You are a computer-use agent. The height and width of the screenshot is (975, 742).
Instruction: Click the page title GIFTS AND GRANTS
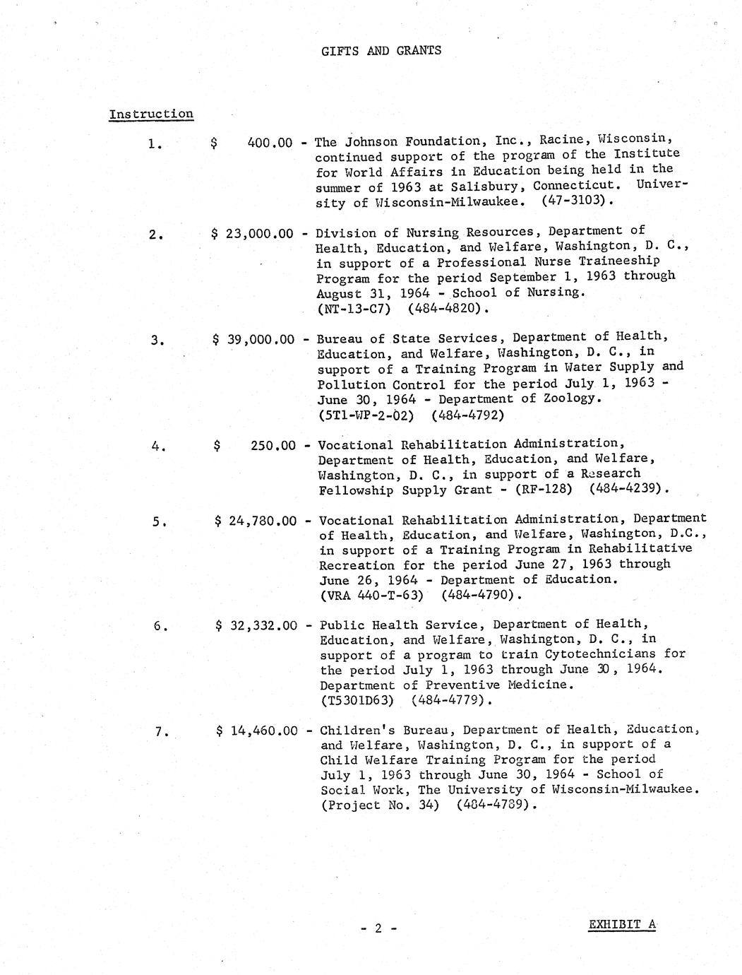click(381, 50)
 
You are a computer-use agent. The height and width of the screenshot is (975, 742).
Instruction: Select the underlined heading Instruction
click(151, 114)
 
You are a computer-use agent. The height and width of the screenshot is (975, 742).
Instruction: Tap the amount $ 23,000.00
click(252, 233)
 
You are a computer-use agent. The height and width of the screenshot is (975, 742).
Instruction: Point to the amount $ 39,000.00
click(253, 339)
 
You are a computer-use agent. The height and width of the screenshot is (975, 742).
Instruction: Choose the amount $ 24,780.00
click(256, 521)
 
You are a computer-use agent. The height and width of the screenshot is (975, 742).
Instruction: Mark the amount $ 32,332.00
click(256, 625)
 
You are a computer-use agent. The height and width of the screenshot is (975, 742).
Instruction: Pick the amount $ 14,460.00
click(257, 731)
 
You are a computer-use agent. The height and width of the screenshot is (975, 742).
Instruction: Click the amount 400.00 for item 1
click(270, 143)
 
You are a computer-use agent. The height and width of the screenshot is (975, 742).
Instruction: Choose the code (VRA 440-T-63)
click(371, 595)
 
